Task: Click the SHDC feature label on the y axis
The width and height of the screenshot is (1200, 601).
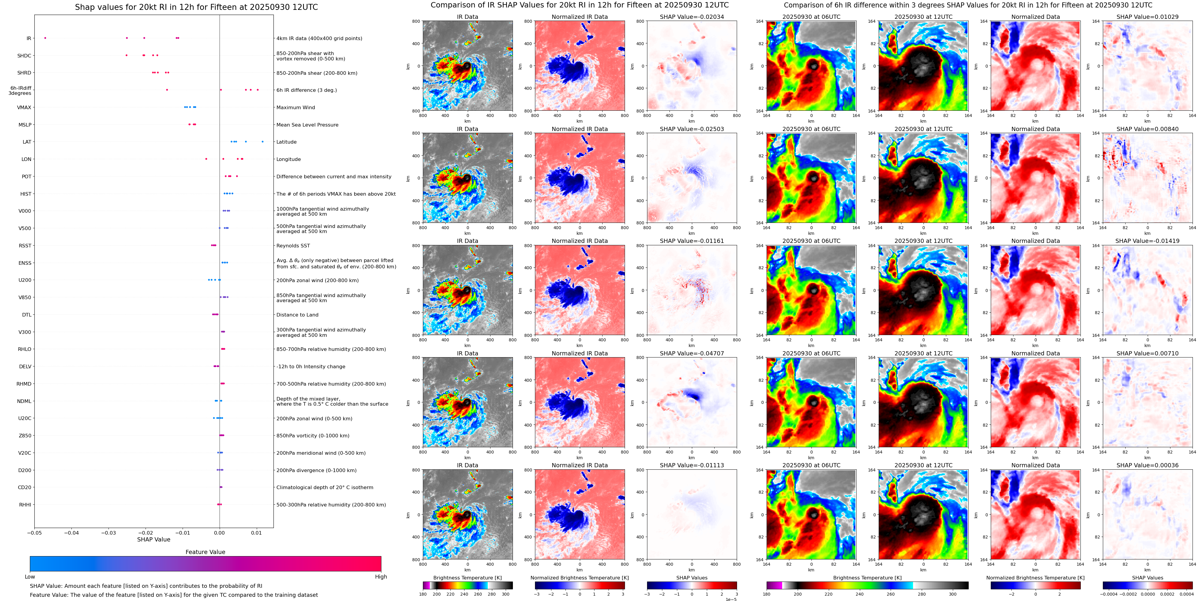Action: [x=24, y=55]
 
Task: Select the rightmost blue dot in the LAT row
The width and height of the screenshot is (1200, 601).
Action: [x=262, y=142]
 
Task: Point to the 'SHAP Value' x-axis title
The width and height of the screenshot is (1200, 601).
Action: [x=154, y=539]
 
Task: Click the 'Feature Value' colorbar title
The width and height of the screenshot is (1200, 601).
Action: [x=205, y=552]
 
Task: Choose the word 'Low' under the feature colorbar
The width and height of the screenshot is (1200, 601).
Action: [x=30, y=577]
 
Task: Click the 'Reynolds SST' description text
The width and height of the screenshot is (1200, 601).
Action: [x=293, y=246]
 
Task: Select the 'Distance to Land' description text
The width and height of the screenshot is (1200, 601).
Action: [x=297, y=315]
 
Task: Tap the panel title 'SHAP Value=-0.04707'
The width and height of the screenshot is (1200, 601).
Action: [x=692, y=353]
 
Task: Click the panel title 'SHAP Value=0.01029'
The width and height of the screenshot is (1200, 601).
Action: [x=1147, y=17]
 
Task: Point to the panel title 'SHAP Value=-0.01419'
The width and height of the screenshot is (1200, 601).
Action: [x=1147, y=241]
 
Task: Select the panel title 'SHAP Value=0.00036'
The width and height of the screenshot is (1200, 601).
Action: [x=1147, y=465]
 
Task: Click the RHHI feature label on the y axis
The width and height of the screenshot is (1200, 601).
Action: [x=25, y=504]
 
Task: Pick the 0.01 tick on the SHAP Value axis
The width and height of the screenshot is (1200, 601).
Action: [x=256, y=532]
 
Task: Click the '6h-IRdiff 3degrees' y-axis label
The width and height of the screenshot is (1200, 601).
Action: [x=20, y=90]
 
